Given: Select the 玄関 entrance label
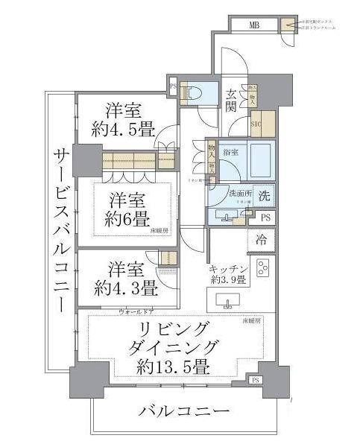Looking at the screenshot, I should (232, 100).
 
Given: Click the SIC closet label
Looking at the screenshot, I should (255, 124).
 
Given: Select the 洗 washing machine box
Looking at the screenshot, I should (264, 193).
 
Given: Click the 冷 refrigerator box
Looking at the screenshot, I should (262, 241).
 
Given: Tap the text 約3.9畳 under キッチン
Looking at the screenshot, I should (229, 279).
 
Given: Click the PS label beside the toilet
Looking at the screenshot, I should (173, 86).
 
